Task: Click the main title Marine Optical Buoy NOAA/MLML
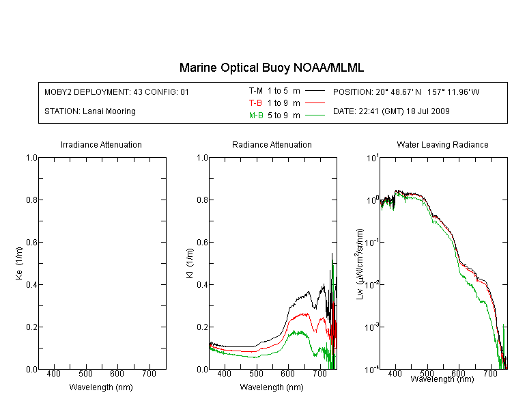pos(271,68)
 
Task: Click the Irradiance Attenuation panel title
pos(101,144)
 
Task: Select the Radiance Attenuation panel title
pos(272,144)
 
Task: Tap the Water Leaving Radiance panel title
pos(442,144)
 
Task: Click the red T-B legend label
pos(255,103)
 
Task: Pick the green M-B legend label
pos(256,115)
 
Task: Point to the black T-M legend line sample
pos(315,91)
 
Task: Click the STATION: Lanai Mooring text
pos(90,111)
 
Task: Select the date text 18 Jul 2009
pos(428,111)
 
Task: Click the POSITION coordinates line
pos(406,92)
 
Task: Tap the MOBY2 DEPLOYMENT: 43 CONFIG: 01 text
pos(117,92)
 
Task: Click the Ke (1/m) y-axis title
pos(19,264)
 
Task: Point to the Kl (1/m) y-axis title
pos(190,264)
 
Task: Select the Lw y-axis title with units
pos(360,264)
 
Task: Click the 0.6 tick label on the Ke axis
pos(31,243)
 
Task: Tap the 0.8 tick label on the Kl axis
pos(203,200)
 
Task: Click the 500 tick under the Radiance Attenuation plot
pos(256,374)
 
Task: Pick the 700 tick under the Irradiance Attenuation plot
pos(150,374)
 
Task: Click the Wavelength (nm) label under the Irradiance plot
pos(101,387)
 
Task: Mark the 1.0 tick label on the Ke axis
pos(31,158)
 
